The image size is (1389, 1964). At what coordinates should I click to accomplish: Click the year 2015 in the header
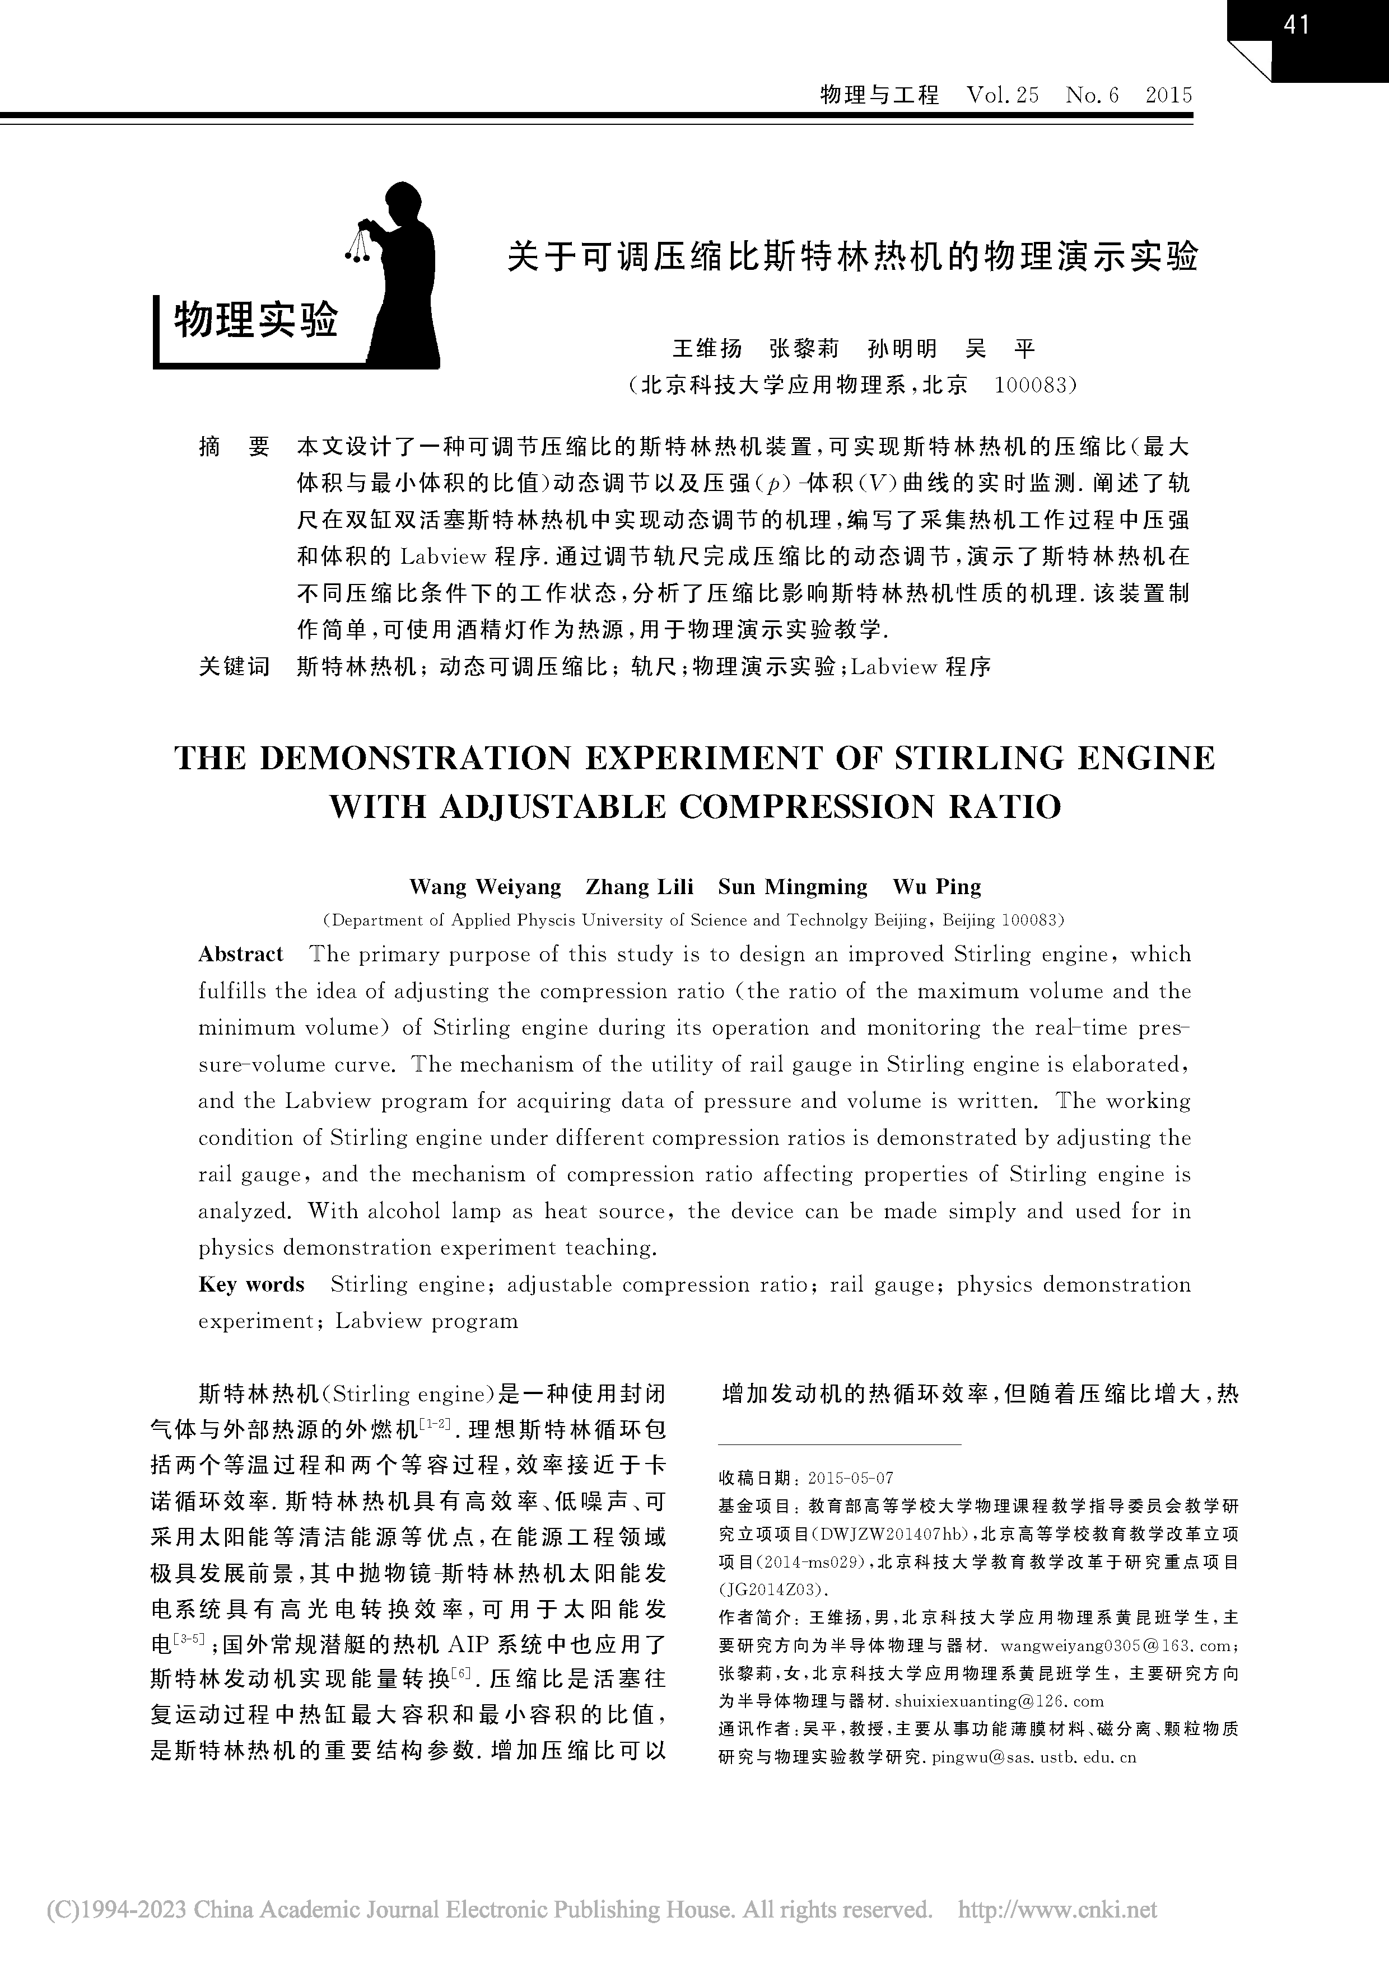pyautogui.click(x=1168, y=95)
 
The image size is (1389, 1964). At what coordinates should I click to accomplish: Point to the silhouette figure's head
pyautogui.click(x=404, y=205)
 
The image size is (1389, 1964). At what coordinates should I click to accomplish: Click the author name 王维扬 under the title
pyautogui.click(x=707, y=348)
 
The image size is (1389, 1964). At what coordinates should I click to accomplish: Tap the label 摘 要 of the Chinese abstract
pyautogui.click(x=234, y=447)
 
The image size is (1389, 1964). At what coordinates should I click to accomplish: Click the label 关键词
pyautogui.click(x=234, y=666)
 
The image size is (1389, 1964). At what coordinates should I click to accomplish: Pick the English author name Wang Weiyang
pyautogui.click(x=485, y=886)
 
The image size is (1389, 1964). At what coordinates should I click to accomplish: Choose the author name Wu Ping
pyautogui.click(x=936, y=886)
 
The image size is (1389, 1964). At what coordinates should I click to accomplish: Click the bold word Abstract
pyautogui.click(x=240, y=954)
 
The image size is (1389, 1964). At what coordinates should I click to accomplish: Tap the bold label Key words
pyautogui.click(x=251, y=1284)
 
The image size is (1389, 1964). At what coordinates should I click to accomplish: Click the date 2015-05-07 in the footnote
pyautogui.click(x=851, y=1478)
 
